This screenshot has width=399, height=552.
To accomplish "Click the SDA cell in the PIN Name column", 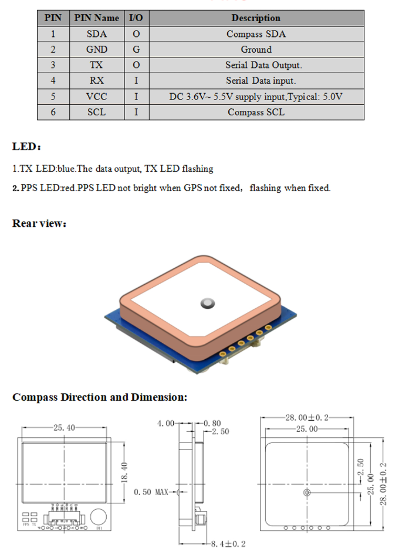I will coord(97,34).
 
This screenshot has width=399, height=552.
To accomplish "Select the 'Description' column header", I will coord(255,18).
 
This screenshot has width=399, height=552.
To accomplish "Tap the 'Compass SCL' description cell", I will coord(255,112).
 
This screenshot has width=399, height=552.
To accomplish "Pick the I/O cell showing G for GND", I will coord(136,50).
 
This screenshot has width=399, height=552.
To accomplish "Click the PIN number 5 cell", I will coord(53,97).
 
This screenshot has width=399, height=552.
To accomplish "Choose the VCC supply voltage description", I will coord(255,97).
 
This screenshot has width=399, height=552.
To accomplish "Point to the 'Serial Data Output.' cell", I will coord(255,65).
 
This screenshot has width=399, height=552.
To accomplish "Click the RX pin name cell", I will coord(97,81).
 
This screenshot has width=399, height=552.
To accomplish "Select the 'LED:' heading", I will coord(26,146).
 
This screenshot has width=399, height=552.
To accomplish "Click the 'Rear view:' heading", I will coord(39,223).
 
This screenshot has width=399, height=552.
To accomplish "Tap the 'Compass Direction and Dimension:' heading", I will coord(100,397).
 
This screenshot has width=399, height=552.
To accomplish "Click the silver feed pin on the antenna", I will coord(208,302).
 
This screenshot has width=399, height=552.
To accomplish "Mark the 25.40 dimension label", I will coord(64,428).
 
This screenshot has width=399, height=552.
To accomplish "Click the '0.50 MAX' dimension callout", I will coord(151,492).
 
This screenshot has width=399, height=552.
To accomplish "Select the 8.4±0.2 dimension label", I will coord(228,544).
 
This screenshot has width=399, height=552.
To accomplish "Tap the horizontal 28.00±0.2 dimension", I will coord(307,418).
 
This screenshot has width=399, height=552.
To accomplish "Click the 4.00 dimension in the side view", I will coord(165,422).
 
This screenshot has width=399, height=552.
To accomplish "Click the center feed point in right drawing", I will coord(306,492).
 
